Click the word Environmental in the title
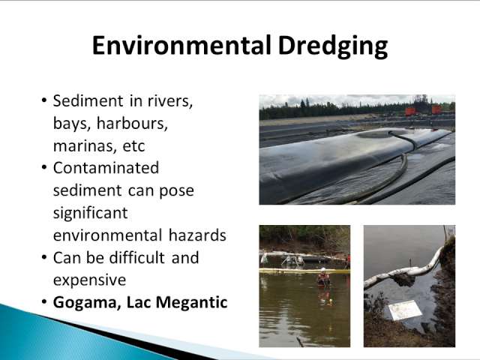pos(181,45)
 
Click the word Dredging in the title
pos(333,46)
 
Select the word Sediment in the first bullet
pos(88,100)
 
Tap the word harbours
pos(132,123)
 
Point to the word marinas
pos(85,146)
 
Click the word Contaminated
pos(106,168)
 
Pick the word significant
pos(90,213)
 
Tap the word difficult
pos(136,257)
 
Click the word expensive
pos(89,280)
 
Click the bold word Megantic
pos(192,303)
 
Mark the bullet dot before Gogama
pos(44,302)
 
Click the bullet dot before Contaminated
pos(44,168)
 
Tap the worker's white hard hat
pos(323,270)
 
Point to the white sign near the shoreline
pos(405,310)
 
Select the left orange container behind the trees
pos(410,111)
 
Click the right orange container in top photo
pos(436,109)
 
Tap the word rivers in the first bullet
pos(170,100)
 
